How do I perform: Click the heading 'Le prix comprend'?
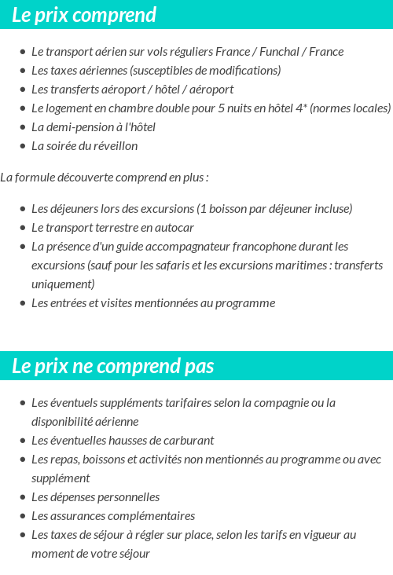[x=84, y=15]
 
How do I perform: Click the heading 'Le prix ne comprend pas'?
[x=113, y=366]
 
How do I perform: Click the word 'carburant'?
[x=186, y=441]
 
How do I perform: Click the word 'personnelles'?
[x=128, y=497]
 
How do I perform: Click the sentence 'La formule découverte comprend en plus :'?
[x=105, y=178]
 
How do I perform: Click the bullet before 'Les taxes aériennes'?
[x=22, y=71]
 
